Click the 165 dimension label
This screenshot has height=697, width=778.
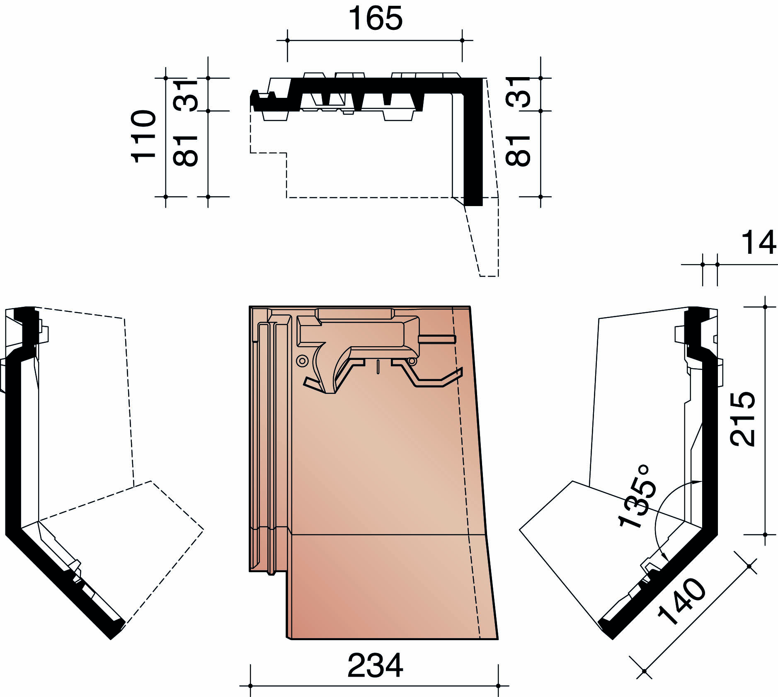[375, 18]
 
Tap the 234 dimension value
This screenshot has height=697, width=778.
[375, 665]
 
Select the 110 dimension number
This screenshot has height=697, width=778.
[144, 136]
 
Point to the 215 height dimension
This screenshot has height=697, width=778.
[742, 419]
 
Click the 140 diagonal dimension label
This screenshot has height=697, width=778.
[682, 601]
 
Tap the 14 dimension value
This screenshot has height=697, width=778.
[759, 243]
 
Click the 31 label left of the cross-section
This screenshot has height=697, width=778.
[185, 95]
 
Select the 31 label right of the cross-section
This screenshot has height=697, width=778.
[518, 92]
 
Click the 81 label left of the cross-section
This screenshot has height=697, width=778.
[185, 151]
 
